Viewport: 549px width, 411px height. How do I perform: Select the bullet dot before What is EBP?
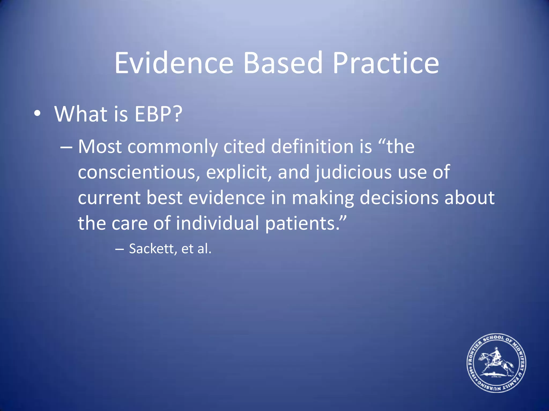(x=38, y=114)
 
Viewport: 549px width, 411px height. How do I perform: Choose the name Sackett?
(x=152, y=249)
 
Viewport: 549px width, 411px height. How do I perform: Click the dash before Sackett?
(x=119, y=249)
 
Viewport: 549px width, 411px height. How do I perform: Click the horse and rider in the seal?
(x=496, y=361)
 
